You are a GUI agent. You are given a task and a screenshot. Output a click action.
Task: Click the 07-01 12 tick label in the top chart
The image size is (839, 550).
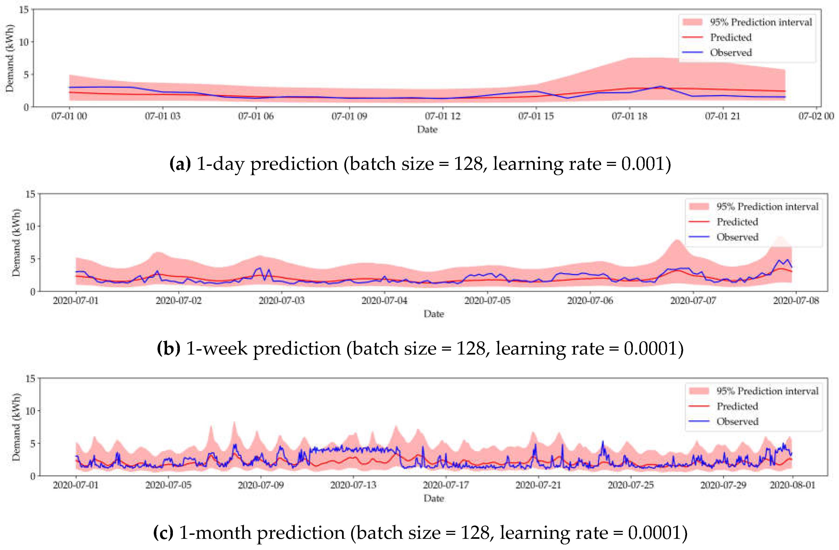click(442, 116)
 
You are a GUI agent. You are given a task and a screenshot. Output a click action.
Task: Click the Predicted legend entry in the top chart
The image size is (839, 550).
click(730, 37)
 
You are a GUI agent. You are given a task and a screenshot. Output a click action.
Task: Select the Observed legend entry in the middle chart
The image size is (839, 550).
click(737, 237)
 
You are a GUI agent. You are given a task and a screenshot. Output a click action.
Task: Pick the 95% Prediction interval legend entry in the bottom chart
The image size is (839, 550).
click(767, 391)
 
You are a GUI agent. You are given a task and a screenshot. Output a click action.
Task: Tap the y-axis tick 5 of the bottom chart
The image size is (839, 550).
click(32, 444)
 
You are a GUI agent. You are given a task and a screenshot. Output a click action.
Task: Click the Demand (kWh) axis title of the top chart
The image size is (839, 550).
click(10, 58)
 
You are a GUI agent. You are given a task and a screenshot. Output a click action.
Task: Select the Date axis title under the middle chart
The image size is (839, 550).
click(434, 314)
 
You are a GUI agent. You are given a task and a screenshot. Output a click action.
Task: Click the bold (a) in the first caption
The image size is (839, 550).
click(180, 164)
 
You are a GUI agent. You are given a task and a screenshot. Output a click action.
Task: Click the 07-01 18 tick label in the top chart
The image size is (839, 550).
click(629, 116)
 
